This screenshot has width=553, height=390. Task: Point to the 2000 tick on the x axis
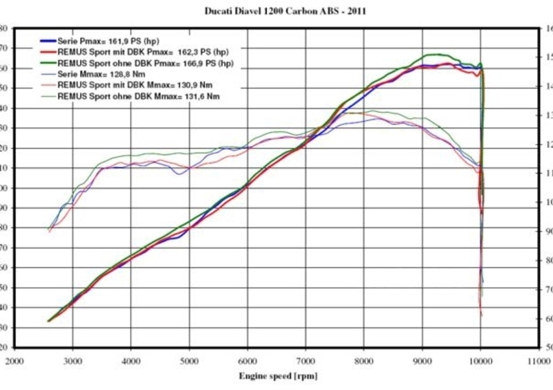[15, 361]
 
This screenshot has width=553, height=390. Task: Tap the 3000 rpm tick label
[73, 361]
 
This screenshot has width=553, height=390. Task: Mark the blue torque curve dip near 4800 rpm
[180, 174]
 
